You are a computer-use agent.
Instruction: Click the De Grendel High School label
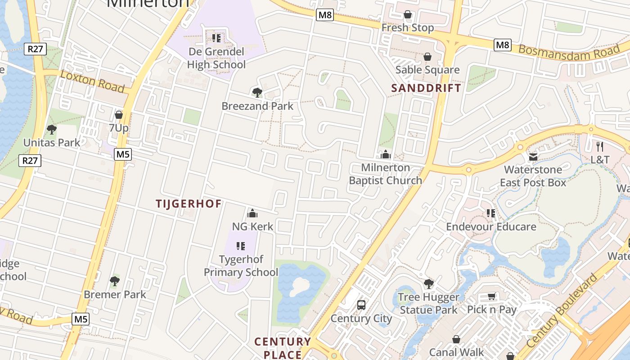216,58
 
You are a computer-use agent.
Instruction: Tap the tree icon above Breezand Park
257,93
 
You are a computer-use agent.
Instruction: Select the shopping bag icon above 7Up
119,115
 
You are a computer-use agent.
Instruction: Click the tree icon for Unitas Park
52,130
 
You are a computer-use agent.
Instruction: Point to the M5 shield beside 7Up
122,154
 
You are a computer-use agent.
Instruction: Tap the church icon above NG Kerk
252,213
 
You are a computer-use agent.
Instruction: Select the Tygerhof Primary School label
241,265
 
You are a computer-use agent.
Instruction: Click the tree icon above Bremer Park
115,281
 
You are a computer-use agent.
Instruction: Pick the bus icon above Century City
361,305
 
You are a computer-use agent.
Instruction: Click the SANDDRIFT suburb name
426,88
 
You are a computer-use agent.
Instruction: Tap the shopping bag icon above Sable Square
427,57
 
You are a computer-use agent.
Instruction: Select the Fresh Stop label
408,28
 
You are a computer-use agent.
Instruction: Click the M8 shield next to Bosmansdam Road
502,45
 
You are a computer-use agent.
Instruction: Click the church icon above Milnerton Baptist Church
386,155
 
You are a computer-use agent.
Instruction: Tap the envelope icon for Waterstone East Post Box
533,157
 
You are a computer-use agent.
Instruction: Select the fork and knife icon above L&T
599,146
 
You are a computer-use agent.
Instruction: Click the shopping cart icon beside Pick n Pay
492,296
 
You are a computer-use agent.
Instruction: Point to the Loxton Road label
92,81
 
